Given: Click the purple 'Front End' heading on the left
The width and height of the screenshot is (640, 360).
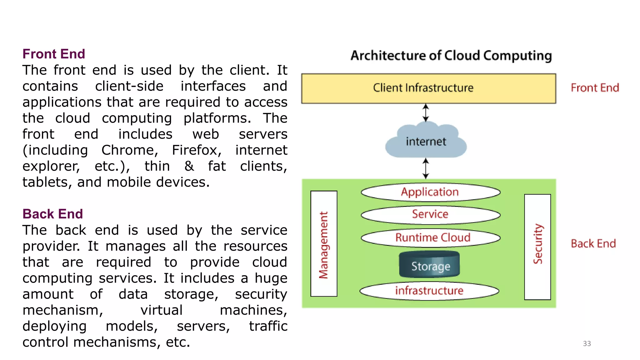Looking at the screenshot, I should pyautogui.click(x=53, y=54).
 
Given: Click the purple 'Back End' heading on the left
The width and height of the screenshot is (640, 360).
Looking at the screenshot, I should pyautogui.click(x=52, y=214).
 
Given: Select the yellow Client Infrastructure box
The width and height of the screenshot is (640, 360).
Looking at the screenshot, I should pyautogui.click(x=428, y=88).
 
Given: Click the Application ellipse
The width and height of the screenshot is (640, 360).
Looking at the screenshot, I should pyautogui.click(x=430, y=192).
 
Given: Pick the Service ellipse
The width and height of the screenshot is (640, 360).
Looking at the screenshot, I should pyautogui.click(x=430, y=215).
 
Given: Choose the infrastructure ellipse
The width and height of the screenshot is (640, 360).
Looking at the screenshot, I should pyautogui.click(x=429, y=291).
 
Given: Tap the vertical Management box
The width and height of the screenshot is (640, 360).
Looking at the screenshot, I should pyautogui.click(x=324, y=244).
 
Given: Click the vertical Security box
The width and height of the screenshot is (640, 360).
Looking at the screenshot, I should pyautogui.click(x=537, y=247).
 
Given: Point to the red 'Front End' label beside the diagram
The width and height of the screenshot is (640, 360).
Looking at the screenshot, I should pyautogui.click(x=594, y=88).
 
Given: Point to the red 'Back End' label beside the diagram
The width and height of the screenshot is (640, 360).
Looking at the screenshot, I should pyautogui.click(x=593, y=243).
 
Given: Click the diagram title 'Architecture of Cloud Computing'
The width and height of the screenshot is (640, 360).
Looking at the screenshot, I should pyautogui.click(x=451, y=56).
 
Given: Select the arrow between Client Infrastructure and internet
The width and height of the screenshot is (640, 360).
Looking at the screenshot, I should pyautogui.click(x=426, y=113).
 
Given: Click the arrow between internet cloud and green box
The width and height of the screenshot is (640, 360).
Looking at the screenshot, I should pyautogui.click(x=426, y=168).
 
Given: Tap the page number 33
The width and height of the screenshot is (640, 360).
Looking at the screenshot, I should pyautogui.click(x=587, y=343).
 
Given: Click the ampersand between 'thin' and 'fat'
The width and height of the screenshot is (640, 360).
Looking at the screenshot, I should pyautogui.click(x=189, y=166).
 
